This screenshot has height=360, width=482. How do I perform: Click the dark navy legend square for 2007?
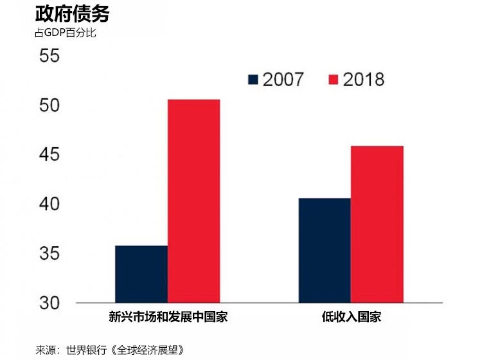253,79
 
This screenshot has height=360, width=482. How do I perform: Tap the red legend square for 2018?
333,79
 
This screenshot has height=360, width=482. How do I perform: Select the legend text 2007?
283,79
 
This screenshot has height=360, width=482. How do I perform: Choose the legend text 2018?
363,79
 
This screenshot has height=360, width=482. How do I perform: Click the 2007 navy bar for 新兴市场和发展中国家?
141,274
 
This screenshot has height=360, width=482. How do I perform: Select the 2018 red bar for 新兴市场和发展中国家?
193,201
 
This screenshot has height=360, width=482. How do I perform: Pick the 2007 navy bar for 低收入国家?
324,250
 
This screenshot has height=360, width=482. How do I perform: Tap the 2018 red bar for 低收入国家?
377,224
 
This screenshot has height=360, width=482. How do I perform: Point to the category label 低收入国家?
350,317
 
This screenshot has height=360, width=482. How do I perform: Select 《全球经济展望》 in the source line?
148,350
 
